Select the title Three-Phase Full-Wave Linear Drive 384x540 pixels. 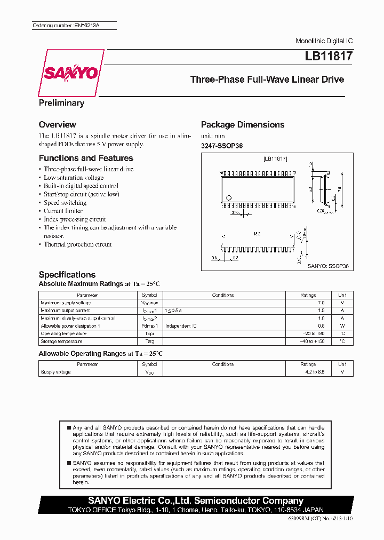coord(267,80)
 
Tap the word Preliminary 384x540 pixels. coord(61,103)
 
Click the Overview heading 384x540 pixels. coord(57,124)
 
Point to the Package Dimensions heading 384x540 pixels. coord(242,124)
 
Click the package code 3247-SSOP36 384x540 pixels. coord(221,146)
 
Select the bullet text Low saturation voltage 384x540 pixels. coord(74,178)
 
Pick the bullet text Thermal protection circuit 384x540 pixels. coord(77,244)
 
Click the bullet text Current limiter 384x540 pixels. coord(63,211)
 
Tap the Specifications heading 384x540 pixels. coord(67,274)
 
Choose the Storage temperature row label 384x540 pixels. coord(61,342)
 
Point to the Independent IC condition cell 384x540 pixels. coord(181,326)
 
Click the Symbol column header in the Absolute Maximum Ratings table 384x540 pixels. coord(149,295)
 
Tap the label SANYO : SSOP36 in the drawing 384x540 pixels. coord(327,265)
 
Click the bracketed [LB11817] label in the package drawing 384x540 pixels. coord(275,158)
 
